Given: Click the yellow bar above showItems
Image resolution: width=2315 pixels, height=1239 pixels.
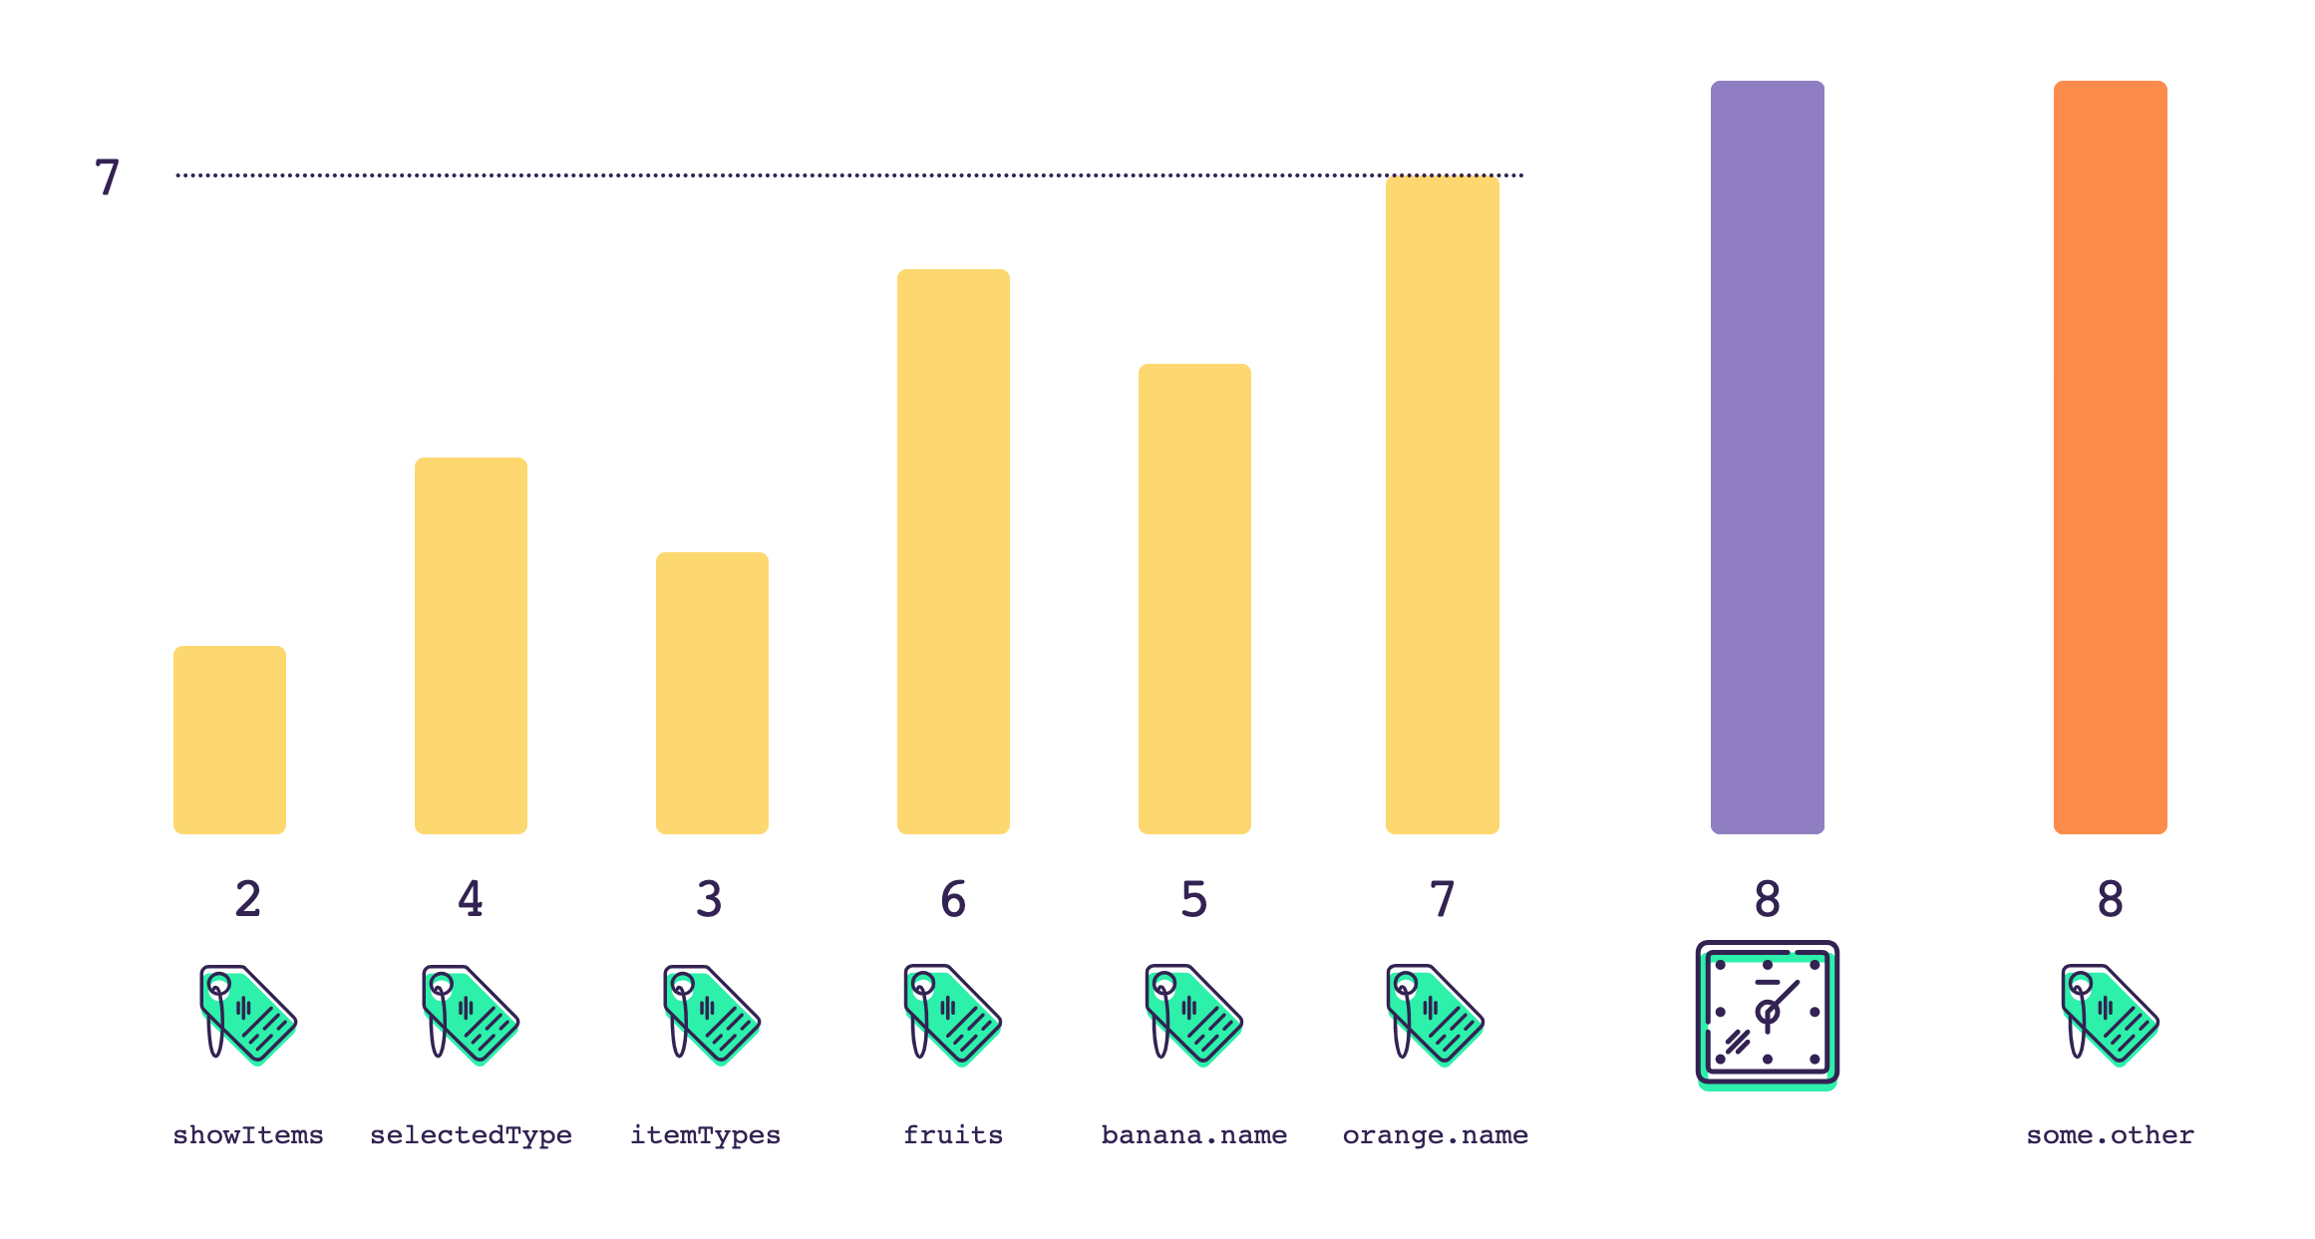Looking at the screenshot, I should pos(229,740).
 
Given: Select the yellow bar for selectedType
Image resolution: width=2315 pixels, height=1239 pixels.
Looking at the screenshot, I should pos(471,645).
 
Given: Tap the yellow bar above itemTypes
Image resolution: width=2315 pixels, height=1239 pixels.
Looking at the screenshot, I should pos(712,693).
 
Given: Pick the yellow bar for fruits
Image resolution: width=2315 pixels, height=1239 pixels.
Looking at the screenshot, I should pos(953,551).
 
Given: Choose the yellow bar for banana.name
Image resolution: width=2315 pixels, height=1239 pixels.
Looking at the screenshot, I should pos(1194,598).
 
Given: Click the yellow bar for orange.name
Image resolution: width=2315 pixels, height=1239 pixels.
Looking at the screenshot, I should pos(1442,504).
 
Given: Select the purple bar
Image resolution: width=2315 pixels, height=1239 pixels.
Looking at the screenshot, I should pos(1767,457).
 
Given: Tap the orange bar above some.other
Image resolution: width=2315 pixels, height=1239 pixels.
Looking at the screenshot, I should pos(2110,457).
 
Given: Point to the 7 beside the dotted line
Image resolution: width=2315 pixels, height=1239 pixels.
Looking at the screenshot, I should pos(107,178).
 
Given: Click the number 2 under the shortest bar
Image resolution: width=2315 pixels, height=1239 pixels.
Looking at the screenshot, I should pos(248,899).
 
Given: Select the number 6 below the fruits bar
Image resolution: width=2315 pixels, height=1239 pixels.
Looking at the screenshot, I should pos(953,899).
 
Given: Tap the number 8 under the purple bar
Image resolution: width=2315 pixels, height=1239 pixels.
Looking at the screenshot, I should pos(1767,899).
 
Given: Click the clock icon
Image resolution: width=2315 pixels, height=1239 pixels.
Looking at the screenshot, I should pos(1767,1015).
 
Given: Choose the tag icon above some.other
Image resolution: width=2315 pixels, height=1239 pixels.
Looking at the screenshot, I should pos(2110,1015).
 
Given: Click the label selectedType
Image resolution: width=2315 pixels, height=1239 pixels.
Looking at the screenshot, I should pos(471,1135).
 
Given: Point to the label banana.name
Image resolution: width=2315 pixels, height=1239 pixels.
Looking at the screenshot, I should pos(1194,1135).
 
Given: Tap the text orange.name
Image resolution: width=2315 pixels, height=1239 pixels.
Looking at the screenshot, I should pos(1436,1135).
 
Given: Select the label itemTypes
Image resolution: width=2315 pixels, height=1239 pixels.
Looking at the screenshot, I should pos(706,1135).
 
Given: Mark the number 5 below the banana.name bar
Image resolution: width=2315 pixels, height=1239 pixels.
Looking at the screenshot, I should pos(1194,899).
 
